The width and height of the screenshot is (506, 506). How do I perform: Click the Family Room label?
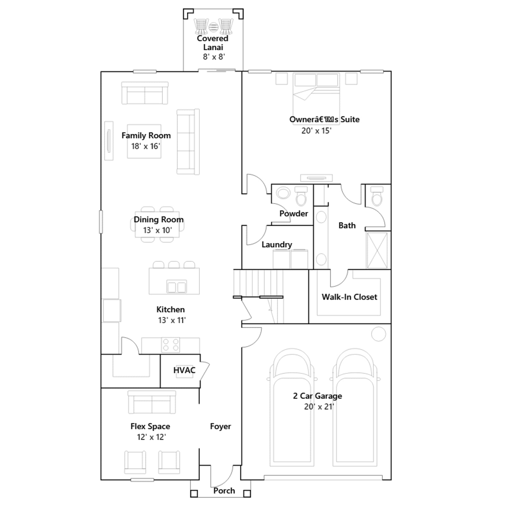pyautogui.click(x=146, y=136)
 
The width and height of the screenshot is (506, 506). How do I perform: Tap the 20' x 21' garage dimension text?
pyautogui.click(x=319, y=407)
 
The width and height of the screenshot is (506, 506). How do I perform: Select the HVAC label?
pyautogui.click(x=184, y=370)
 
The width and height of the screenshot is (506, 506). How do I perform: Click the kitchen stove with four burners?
pyautogui.click(x=170, y=345)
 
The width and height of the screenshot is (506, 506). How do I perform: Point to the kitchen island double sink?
pyautogui.click(x=176, y=287)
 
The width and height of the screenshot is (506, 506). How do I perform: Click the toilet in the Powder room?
pyautogui.click(x=301, y=196)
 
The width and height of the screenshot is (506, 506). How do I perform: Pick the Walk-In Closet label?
pyautogui.click(x=349, y=297)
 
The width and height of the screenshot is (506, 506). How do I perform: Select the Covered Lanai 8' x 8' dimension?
pyautogui.click(x=214, y=57)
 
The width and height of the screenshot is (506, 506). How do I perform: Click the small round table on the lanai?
pyautogui.click(x=213, y=27)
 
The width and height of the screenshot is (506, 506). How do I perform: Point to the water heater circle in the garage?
pyautogui.click(x=379, y=334)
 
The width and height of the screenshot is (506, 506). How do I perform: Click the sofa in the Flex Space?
pyautogui.click(x=152, y=402)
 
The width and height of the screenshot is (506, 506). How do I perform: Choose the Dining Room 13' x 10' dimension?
pyautogui.click(x=157, y=230)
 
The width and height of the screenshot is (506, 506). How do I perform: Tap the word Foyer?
pyautogui.click(x=220, y=426)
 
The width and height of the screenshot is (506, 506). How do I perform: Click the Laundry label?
pyautogui.click(x=277, y=245)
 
